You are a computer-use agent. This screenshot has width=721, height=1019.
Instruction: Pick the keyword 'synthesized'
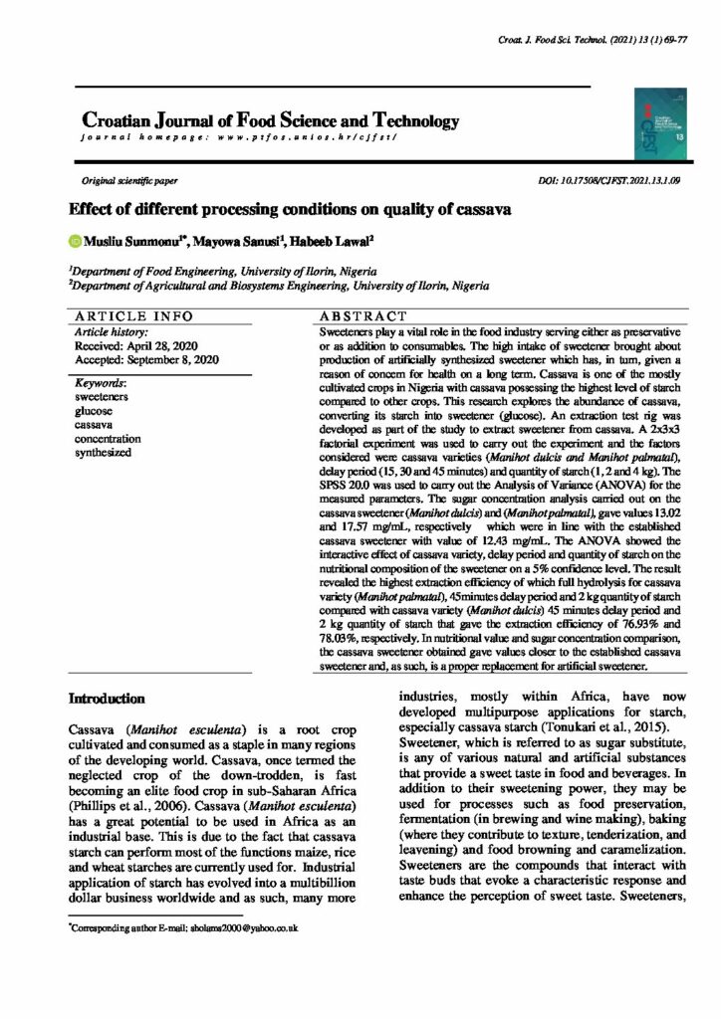click(x=104, y=453)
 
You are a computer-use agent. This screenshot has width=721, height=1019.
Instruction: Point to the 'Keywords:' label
click(x=104, y=382)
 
